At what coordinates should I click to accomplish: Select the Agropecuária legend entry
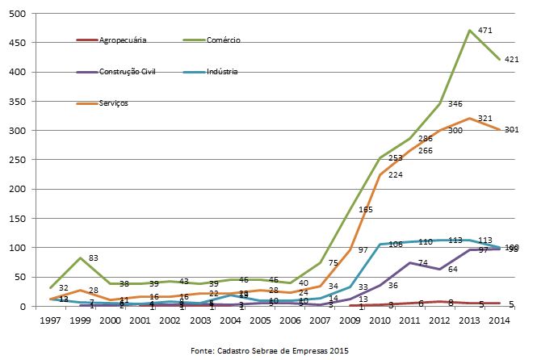121,40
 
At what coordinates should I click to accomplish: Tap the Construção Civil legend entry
127,72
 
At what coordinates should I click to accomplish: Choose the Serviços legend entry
112,103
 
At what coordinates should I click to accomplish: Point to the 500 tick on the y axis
17,14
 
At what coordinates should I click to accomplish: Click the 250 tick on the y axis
17,160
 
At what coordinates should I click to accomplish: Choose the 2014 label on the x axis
498,320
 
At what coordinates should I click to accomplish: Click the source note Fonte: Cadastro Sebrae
268,350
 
